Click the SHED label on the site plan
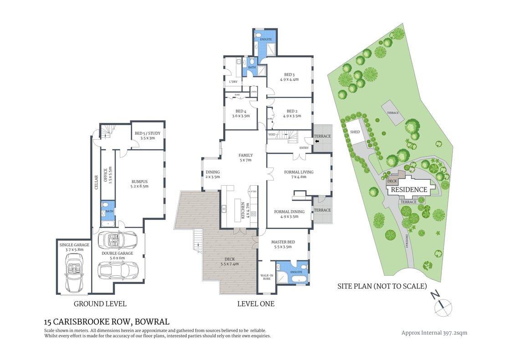click(355, 132)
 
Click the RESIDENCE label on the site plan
click(409, 190)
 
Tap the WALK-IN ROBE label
click(266, 277)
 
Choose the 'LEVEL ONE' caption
click(256, 304)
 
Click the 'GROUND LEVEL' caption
click(100, 304)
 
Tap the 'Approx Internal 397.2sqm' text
click(434, 333)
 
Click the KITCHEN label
click(243, 211)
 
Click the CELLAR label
click(96, 182)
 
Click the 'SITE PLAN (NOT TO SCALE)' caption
click(382, 286)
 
